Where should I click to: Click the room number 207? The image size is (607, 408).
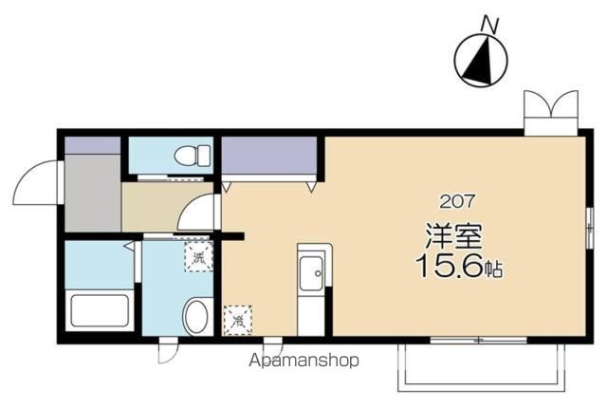(457, 202)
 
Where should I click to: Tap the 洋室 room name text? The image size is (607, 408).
(453, 236)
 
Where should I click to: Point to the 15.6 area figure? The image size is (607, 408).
(450, 267)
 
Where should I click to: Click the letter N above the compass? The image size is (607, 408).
(489, 26)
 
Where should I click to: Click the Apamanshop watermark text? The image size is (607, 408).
(303, 361)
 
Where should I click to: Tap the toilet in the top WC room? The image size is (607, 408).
(193, 156)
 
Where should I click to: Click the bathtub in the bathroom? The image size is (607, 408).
(100, 310)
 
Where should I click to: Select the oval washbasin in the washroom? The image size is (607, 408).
(197, 316)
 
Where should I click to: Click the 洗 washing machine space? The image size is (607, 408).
(198, 256)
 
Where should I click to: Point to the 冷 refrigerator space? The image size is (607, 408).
(238, 320)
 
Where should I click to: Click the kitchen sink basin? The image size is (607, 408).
(311, 273)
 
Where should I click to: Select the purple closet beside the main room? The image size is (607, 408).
(269, 156)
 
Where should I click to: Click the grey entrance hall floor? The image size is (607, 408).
(93, 193)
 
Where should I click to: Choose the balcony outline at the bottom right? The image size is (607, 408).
(481, 367)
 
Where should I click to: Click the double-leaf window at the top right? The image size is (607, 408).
(551, 112)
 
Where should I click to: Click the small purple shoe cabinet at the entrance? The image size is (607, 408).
(93, 145)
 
